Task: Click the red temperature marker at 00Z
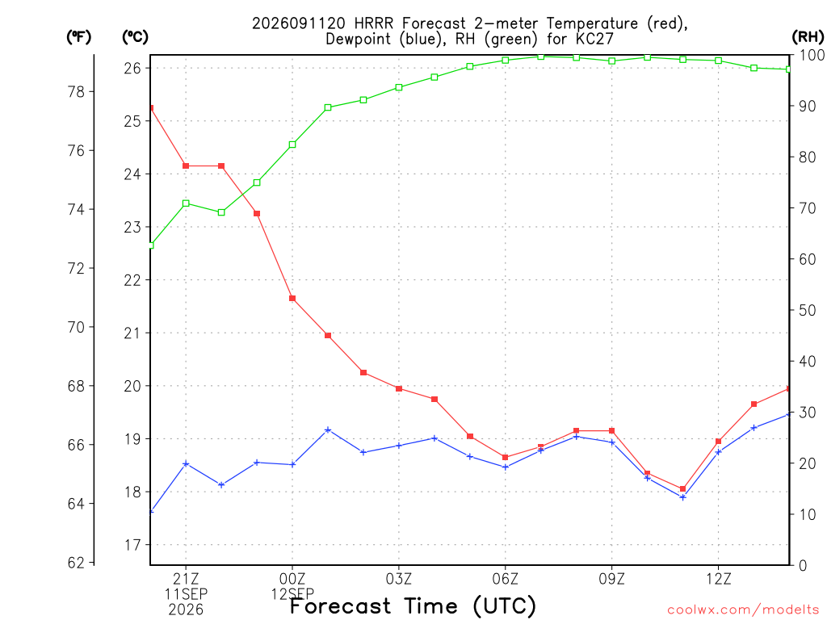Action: coord(292,299)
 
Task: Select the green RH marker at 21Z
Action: coord(186,203)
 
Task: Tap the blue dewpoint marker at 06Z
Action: coord(506,467)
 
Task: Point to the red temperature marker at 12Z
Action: coord(718,442)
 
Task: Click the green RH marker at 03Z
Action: coord(399,87)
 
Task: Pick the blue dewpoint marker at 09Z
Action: coord(612,442)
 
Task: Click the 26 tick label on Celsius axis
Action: coord(132,68)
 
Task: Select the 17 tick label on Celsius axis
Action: coord(132,545)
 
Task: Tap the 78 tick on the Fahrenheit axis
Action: coord(77,92)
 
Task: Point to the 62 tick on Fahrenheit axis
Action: coord(77,563)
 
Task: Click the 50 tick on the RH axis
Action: coord(807,310)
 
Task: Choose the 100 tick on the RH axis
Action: coord(812,55)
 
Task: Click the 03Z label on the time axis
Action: coord(399,579)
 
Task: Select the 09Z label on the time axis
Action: coord(612,579)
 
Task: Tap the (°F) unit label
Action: coord(78,37)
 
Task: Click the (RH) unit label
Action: coord(808,37)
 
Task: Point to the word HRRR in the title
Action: coord(374,23)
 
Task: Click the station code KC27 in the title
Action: coord(594,39)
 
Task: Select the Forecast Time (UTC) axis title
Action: coord(413,606)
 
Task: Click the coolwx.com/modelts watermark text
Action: coord(744,610)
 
